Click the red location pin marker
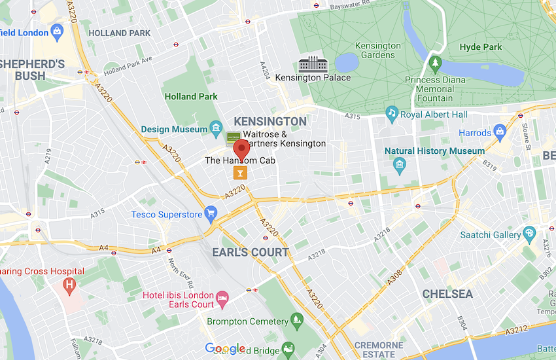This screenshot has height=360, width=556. point(242,149)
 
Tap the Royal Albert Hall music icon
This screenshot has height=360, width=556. point(391,115)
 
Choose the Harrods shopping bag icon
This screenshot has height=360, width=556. point(500,132)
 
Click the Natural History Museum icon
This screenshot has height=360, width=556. point(400,164)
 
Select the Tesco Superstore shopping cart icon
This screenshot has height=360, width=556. point(211,213)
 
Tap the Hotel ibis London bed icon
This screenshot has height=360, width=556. point(223,299)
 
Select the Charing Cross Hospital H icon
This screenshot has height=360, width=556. point(67,285)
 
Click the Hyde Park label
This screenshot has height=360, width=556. point(480,47)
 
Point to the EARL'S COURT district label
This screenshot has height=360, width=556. point(250,252)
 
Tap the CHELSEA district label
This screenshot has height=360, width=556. point(447,294)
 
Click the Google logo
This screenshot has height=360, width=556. point(225,349)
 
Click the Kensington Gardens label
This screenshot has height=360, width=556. point(377,51)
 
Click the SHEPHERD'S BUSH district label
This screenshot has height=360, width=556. point(33,69)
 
